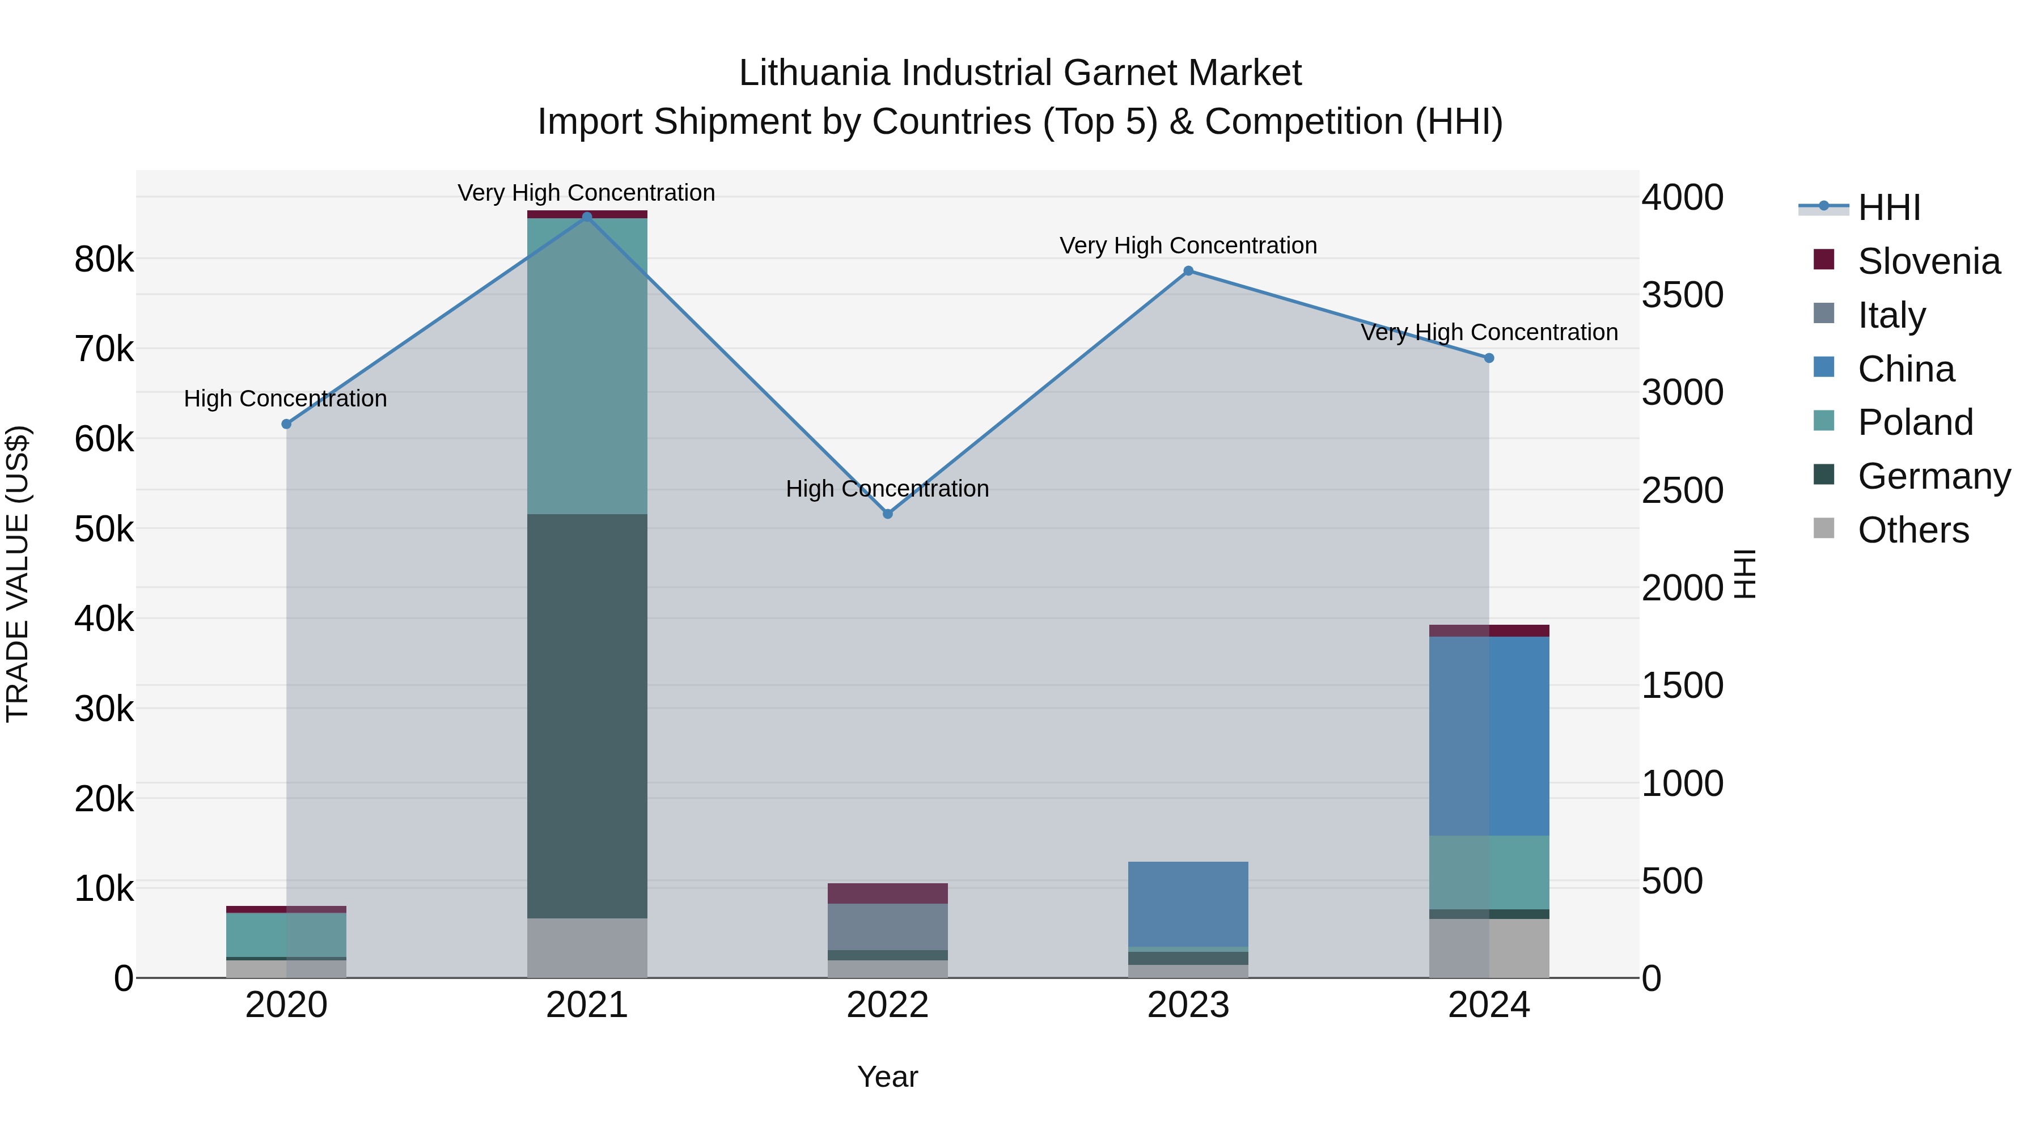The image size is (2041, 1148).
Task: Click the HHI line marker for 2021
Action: pos(587,217)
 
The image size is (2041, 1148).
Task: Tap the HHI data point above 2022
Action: pos(887,514)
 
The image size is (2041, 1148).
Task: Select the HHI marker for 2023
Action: pos(1188,271)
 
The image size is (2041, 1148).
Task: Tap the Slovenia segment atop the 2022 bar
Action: pos(887,893)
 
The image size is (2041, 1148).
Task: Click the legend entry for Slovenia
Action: pos(1929,261)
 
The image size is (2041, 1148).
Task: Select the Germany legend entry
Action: pos(1933,476)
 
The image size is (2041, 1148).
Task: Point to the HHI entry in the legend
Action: pos(1889,207)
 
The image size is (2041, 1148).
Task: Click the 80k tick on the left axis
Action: pos(104,259)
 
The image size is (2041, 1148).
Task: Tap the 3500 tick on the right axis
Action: pos(1682,295)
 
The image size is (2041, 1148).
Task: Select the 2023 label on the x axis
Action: pos(1188,1005)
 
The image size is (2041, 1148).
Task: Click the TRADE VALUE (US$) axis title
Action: pos(18,574)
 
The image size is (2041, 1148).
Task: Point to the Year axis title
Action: pos(887,1077)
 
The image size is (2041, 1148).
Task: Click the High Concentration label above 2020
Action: pos(285,399)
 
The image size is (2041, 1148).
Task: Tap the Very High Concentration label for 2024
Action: pos(1489,332)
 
